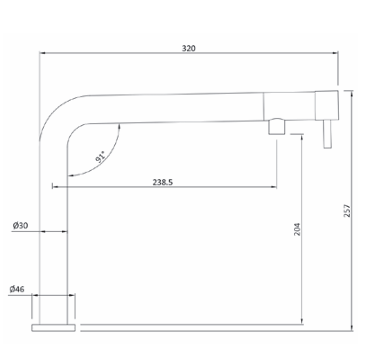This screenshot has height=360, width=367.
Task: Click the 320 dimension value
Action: (x=189, y=48)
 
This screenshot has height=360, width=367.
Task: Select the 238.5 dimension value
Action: (x=163, y=182)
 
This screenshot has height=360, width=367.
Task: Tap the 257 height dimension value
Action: (x=347, y=211)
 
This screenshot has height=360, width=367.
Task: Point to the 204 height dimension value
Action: (x=297, y=229)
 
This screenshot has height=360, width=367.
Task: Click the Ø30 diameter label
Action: (x=21, y=225)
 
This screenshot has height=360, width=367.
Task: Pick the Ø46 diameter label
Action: (x=17, y=289)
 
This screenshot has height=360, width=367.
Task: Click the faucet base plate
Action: (x=53, y=328)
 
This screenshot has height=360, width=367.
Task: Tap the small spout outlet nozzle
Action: (x=277, y=127)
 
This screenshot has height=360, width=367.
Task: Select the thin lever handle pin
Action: (x=327, y=134)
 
